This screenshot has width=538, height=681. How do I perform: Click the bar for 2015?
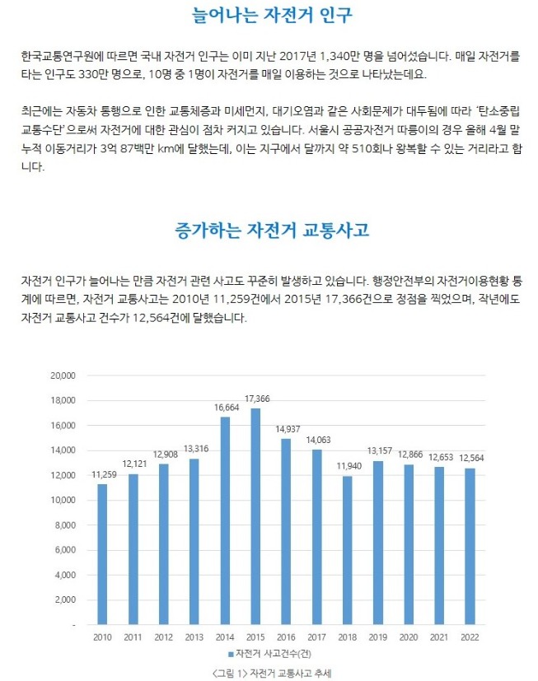coord(255,516)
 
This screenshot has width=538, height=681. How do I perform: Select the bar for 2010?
coord(102,554)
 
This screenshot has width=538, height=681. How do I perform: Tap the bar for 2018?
coord(347,550)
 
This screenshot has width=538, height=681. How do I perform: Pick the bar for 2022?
coord(470,546)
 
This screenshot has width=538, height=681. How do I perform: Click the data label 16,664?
coord(227,408)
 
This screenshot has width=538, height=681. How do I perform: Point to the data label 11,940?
coord(349,466)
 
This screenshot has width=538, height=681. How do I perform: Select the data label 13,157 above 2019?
coord(379,450)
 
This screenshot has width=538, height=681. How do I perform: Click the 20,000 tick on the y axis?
coord(63,375)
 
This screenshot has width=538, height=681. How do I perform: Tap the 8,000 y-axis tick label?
coord(65,525)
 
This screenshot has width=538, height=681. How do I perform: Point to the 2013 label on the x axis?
coord(194,637)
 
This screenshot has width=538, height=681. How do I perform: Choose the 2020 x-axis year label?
coord(409,637)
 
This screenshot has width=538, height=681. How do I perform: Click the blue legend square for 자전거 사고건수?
coord(231,654)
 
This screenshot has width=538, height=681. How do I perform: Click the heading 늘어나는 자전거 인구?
coord(272,15)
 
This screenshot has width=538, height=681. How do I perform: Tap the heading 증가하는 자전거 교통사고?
coord(272,230)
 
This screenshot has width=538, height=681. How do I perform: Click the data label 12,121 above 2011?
coord(135,464)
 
